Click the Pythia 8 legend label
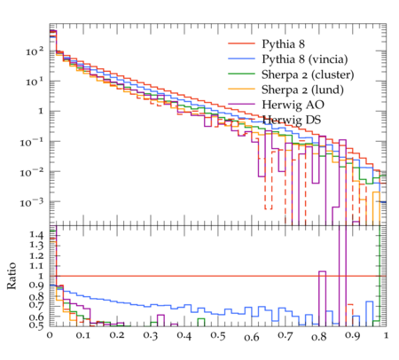pyautogui.click(x=283, y=44)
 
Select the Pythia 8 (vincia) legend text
pyautogui.click(x=305, y=59)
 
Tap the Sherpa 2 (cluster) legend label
pyautogui.click(x=308, y=74)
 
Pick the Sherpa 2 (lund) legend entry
pyautogui.click(x=302, y=90)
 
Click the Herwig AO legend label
pyautogui.click(x=293, y=105)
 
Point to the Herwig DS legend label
pyautogui.click(x=292, y=120)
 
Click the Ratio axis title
pyautogui.click(x=12, y=276)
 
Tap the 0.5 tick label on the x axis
pyautogui.click(x=218, y=336)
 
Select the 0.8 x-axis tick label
pyautogui.click(x=319, y=336)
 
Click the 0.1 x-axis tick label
pyautogui.click(x=83, y=336)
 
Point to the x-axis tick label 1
pyautogui.click(x=386, y=336)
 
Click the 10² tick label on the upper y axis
pyautogui.click(x=35, y=51)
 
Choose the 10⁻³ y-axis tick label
pyautogui.click(x=32, y=202)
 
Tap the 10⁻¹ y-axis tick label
pyautogui.click(x=32, y=142)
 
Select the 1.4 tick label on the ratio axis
pyautogui.click(x=36, y=235)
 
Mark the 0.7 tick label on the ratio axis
pyautogui.click(x=36, y=305)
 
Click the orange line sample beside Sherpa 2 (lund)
pyautogui.click(x=241, y=89)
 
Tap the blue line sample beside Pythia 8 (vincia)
pyautogui.click(x=241, y=59)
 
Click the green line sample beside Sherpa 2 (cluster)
pyautogui.click(x=241, y=74)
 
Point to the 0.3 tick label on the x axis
pyautogui.click(x=151, y=336)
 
